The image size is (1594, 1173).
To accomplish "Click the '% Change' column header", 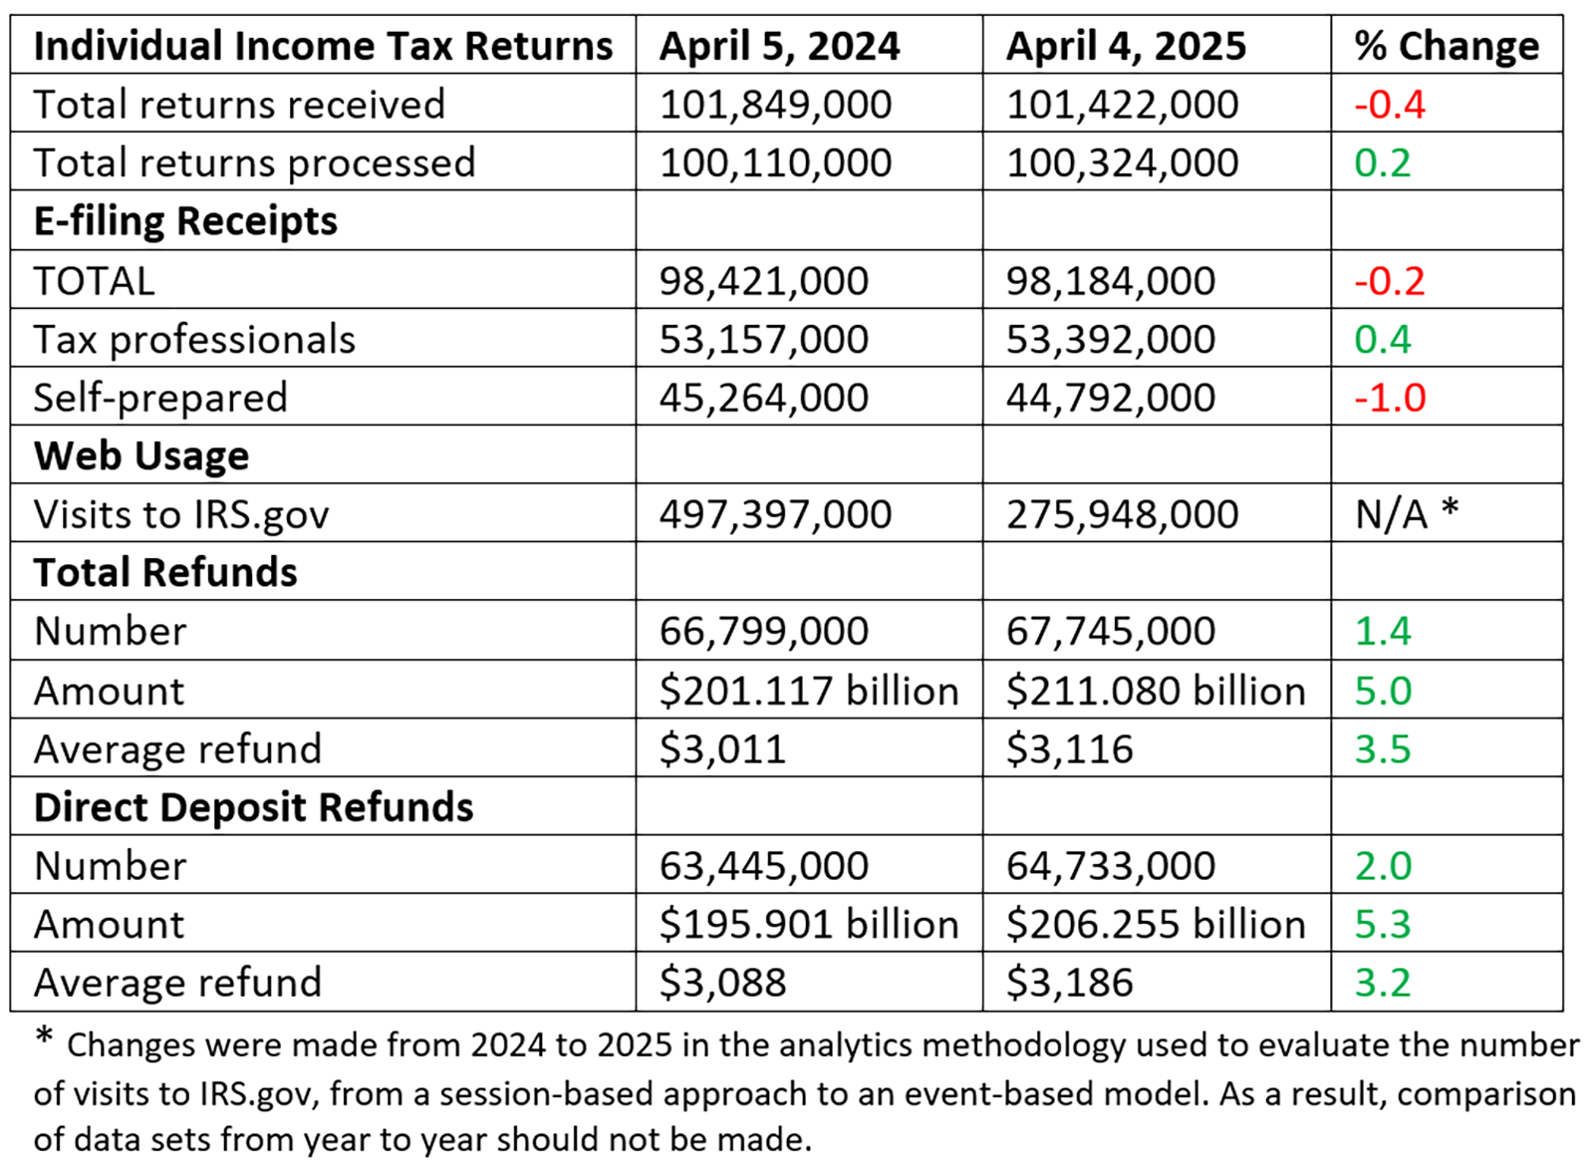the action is (1446, 46).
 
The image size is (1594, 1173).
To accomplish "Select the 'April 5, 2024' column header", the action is (779, 46).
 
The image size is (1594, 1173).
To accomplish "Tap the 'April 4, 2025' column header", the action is (1126, 46).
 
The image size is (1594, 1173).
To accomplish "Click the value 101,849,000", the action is (775, 105).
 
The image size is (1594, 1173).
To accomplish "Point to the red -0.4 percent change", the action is (1390, 105).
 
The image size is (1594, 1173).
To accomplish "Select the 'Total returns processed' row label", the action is (254, 162).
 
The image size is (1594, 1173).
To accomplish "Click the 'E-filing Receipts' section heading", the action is (185, 221).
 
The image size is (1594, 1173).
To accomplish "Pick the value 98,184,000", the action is (1110, 281).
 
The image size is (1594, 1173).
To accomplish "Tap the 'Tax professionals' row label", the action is (194, 340).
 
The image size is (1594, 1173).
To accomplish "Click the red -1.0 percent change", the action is (1390, 398).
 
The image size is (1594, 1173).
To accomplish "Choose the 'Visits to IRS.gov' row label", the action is (180, 514).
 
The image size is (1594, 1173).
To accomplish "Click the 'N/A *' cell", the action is (1406, 514).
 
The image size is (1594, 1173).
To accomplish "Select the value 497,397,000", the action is (775, 514).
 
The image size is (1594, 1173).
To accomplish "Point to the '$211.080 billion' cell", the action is (1155, 691).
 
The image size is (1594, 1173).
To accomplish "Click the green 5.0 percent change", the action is (1383, 691).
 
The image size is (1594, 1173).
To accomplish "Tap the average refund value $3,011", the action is (722, 749).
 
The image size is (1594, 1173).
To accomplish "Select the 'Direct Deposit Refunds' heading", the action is (253, 807).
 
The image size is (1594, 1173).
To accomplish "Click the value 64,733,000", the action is (1110, 866).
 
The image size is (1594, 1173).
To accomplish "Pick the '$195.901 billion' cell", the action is (808, 925).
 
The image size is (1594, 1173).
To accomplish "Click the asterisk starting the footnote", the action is (44, 1036).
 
